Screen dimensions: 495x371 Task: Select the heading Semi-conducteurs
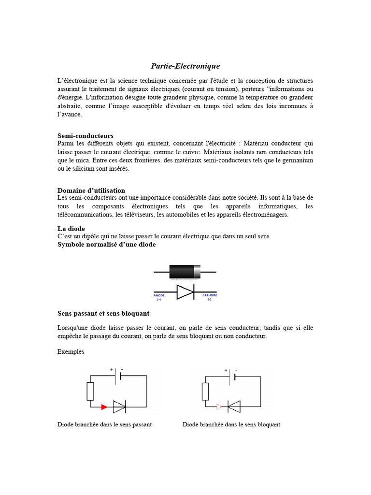coord(86,136)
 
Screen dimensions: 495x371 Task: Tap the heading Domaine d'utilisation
coord(91,190)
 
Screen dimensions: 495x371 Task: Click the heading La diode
coord(71,228)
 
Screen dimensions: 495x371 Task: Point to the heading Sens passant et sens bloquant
coord(103,313)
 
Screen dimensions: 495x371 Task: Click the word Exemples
coord(71,351)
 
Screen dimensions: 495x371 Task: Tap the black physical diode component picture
coord(185,272)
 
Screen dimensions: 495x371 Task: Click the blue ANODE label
coord(159,295)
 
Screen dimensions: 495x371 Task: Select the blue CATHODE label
coord(209,295)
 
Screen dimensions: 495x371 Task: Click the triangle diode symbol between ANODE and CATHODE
coord(185,292)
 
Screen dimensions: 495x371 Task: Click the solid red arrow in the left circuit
coord(104,407)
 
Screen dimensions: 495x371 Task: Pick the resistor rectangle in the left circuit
coord(90,391)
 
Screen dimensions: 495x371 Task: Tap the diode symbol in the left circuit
coord(119,407)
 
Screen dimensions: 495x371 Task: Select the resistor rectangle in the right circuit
coord(205,391)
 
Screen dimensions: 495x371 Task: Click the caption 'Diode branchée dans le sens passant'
coord(105,424)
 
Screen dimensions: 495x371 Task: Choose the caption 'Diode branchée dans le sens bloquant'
coord(231,424)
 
